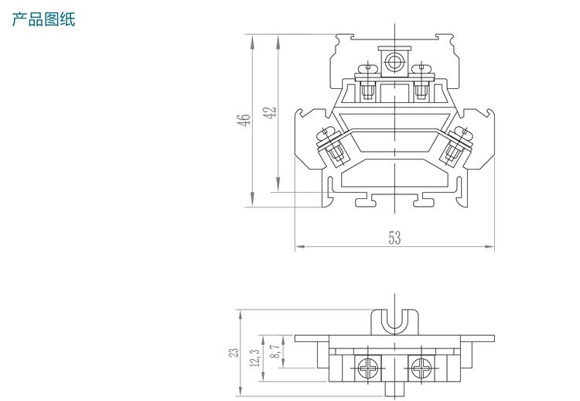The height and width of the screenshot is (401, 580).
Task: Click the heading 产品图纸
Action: [x=43, y=19]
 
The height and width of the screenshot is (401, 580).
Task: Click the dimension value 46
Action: [x=244, y=120]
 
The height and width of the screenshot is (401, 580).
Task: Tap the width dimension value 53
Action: [x=394, y=238]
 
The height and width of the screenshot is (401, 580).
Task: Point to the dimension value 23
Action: [x=234, y=352]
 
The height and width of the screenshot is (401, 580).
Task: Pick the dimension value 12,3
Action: [x=255, y=358]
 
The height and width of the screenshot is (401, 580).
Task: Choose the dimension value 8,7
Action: [x=275, y=351]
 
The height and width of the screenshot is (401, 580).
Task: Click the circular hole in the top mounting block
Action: [x=394, y=62]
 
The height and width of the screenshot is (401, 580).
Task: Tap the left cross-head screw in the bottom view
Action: [x=367, y=368]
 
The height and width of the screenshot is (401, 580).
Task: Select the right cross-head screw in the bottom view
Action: [x=421, y=368]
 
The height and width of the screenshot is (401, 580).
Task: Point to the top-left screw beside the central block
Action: [x=367, y=82]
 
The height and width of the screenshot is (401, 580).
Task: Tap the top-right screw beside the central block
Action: [x=421, y=82]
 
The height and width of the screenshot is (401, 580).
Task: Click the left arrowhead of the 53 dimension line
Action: [x=299, y=246]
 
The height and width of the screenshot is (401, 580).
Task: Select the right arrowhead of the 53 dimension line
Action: [x=490, y=246]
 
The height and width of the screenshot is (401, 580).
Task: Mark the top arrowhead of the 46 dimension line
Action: [x=252, y=41]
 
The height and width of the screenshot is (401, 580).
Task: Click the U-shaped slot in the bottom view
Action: [x=394, y=321]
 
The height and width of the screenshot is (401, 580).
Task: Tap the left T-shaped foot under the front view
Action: [x=366, y=200]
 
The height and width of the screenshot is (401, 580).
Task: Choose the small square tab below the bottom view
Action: [x=394, y=389]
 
